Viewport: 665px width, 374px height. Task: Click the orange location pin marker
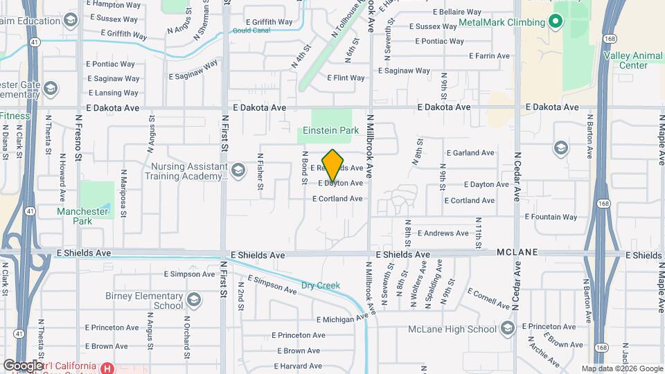pos(333,165)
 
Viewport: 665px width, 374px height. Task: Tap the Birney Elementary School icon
pos(194,300)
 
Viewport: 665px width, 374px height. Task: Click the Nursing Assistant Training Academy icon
pos(238,170)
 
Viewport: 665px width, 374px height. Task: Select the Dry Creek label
pos(321,285)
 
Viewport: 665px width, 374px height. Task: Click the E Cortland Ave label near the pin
pos(337,199)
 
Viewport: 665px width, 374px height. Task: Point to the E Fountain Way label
pos(551,217)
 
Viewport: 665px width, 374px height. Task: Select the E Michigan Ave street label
pos(342,319)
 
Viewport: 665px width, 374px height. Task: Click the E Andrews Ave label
pos(443,233)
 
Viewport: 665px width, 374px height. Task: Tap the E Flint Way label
pos(346,78)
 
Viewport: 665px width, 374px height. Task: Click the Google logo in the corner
pos(23,365)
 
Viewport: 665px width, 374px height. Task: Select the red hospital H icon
pos(107,368)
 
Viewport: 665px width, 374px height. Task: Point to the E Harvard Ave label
pos(298,366)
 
